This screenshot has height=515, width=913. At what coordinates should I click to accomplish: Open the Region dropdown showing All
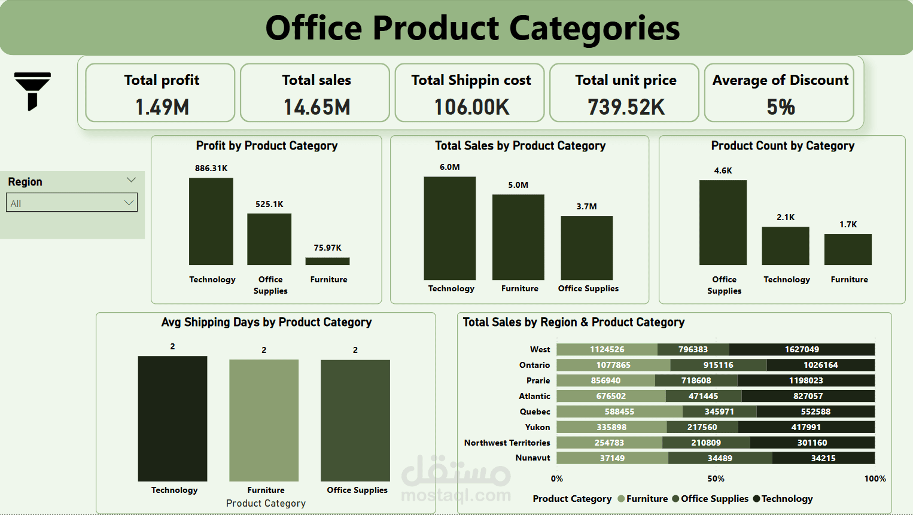pos(72,203)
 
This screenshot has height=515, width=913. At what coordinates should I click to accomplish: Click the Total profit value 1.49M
pos(162,107)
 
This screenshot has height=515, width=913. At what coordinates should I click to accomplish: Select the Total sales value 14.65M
pos(316,107)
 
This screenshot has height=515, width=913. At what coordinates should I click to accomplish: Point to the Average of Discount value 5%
pos(781,107)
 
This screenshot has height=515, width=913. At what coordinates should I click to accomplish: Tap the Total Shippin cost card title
pos(471,80)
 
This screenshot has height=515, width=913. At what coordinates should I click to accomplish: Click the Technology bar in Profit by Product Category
pos(211,221)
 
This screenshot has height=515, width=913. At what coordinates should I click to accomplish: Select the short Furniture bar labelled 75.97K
pos(327,261)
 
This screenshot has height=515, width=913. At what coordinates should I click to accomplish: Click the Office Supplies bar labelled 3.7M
pos(586,248)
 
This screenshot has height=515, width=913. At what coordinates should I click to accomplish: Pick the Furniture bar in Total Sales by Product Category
pos(518,237)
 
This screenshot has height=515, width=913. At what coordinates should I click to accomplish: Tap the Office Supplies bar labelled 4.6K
pos(723,223)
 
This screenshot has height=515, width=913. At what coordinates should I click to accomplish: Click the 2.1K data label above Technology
pos(786,217)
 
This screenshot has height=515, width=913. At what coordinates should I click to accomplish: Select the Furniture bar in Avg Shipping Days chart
pos(264,420)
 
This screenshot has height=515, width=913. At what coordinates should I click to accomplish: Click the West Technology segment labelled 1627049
pos(802,349)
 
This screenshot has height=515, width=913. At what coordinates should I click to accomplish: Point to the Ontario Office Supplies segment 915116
pos(719,365)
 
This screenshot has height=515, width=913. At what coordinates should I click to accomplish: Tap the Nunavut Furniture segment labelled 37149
pos(612,458)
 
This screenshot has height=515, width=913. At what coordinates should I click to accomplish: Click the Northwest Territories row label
pos(507,443)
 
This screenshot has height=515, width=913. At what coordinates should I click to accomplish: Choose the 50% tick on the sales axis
pos(716,479)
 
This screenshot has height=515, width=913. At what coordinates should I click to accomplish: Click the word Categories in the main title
pos(594,28)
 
